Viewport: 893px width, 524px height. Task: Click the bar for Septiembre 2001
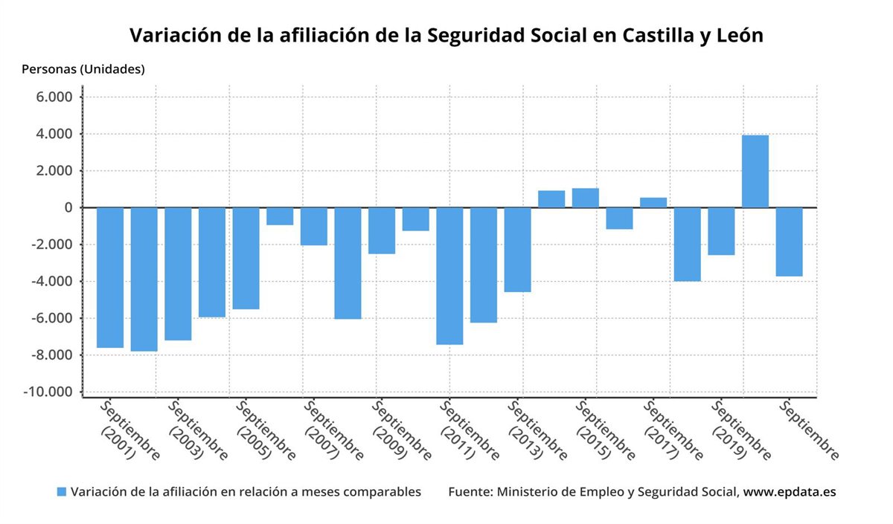coord(110,277)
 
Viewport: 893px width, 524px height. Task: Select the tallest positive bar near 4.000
coord(755,172)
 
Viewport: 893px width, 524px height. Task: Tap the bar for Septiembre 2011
coord(449,276)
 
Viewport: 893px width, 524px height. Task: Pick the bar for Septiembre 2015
coord(586,198)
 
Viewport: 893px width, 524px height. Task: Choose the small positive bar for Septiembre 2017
coord(653,203)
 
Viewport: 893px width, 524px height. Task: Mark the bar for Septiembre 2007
coord(314,226)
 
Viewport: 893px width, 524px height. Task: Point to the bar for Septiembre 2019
coord(721,231)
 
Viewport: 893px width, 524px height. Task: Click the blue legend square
coord(62,492)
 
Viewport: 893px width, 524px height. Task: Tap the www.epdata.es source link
coord(790,492)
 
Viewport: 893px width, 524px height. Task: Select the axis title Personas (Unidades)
coord(83,70)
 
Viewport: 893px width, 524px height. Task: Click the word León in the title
coord(737,35)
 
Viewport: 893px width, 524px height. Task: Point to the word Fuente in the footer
coord(470,492)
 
